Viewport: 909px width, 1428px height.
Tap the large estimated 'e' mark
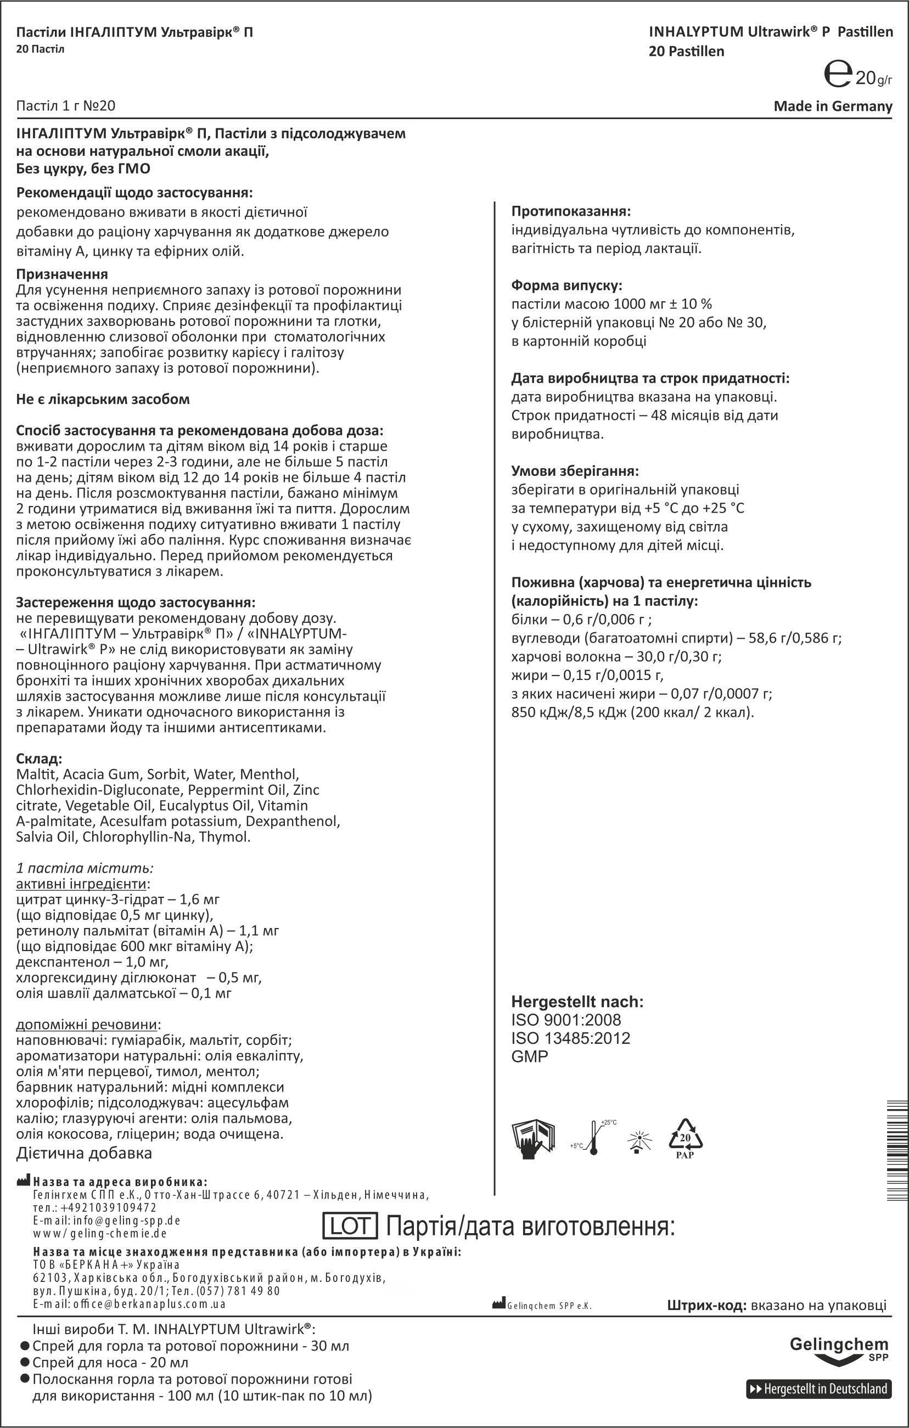tap(838, 75)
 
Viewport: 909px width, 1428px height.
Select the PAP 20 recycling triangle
tap(685, 1139)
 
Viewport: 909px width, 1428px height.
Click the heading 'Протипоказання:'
tap(571, 211)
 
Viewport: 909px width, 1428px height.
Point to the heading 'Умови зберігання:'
tap(575, 471)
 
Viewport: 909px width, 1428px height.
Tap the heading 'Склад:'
tap(39, 758)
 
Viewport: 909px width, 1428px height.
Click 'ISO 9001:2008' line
tap(566, 1020)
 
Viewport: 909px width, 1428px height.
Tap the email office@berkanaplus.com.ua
tap(129, 1304)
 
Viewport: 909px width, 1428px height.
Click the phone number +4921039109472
tap(95, 1207)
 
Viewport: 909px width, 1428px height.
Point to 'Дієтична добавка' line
tap(84, 1154)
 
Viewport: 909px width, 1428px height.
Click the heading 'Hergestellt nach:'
tap(577, 1002)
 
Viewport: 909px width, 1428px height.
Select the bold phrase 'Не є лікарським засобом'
tap(103, 399)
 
